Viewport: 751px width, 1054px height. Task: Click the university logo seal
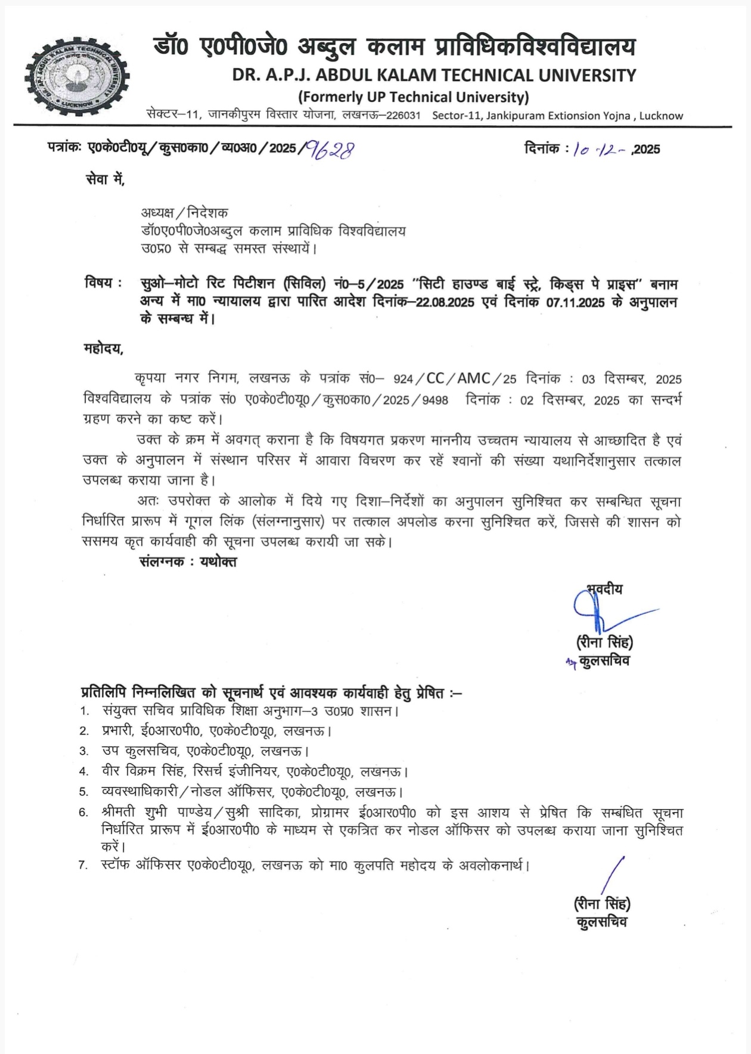[77, 77]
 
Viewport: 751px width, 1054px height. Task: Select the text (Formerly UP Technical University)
[413, 97]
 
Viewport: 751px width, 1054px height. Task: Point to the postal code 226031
[404, 116]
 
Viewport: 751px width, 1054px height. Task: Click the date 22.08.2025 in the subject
[445, 302]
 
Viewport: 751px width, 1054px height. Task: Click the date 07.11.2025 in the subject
[575, 302]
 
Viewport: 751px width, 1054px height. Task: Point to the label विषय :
[104, 283]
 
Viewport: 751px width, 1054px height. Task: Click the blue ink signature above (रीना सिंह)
[602, 611]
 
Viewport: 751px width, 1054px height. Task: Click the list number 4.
[84, 772]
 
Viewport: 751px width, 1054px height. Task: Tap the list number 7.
[83, 865]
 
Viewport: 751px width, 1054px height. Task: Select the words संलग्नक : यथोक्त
[188, 562]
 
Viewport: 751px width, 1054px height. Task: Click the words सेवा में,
[105, 179]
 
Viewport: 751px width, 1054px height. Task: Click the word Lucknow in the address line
[661, 116]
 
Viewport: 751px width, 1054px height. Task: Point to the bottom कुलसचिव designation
[602, 922]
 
